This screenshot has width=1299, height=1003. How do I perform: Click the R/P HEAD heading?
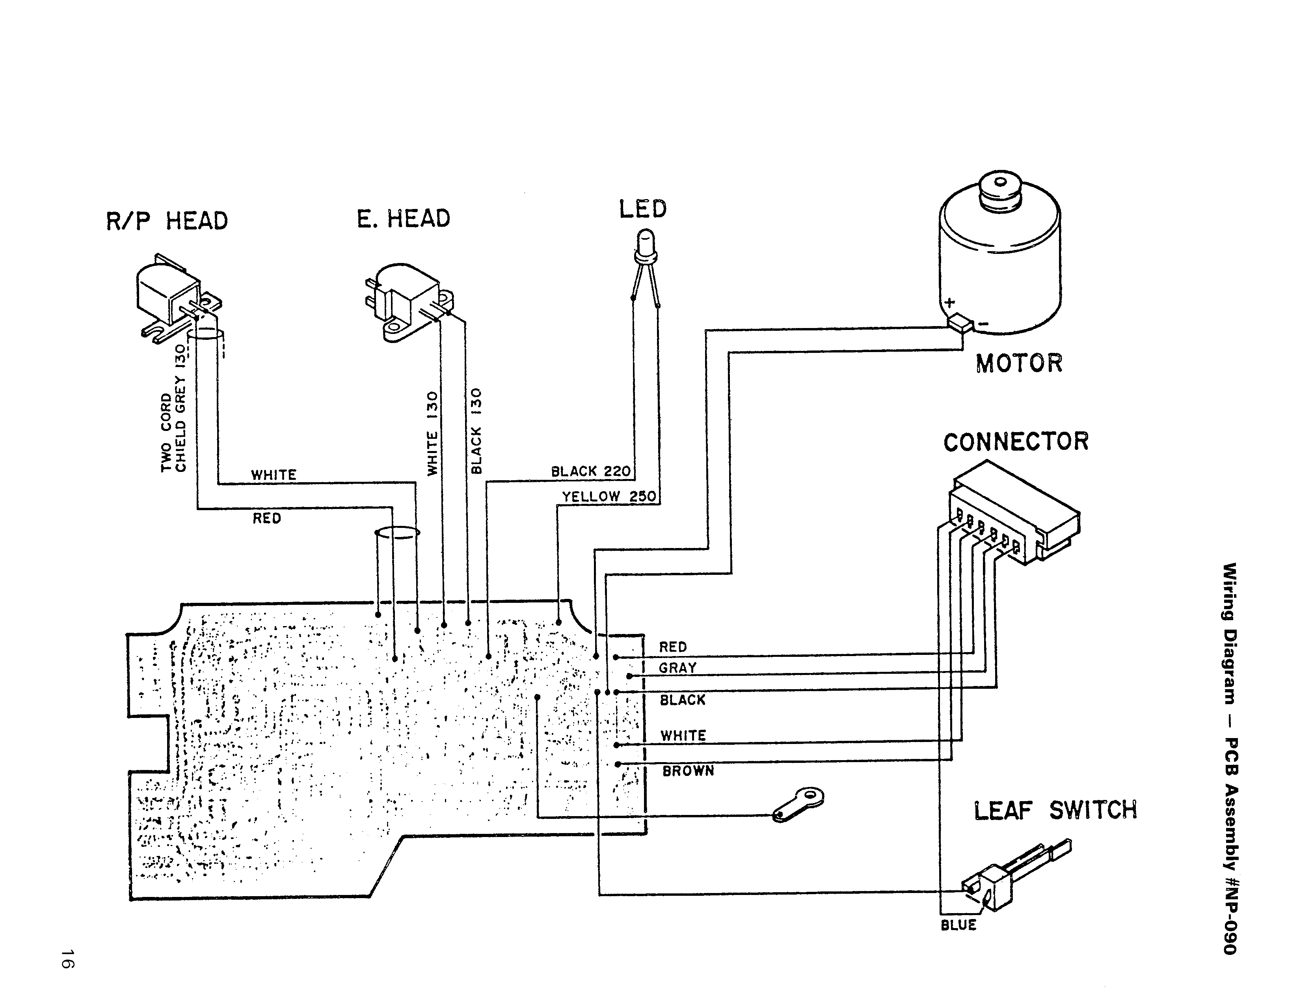point(167,221)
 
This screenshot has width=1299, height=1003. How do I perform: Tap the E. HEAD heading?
point(403,218)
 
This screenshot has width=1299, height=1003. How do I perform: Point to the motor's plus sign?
point(950,303)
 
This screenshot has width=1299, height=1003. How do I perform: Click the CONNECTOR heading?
point(1016,442)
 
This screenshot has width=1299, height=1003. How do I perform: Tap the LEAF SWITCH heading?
point(1055,810)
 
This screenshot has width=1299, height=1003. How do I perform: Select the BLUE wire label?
point(958,925)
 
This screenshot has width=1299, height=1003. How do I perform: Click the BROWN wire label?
point(688,771)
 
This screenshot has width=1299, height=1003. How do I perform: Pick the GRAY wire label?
point(677,668)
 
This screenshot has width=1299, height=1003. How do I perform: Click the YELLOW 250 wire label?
point(609,496)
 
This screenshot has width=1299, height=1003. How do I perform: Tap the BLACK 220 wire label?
point(591,471)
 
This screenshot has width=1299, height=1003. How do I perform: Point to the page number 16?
point(67,958)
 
